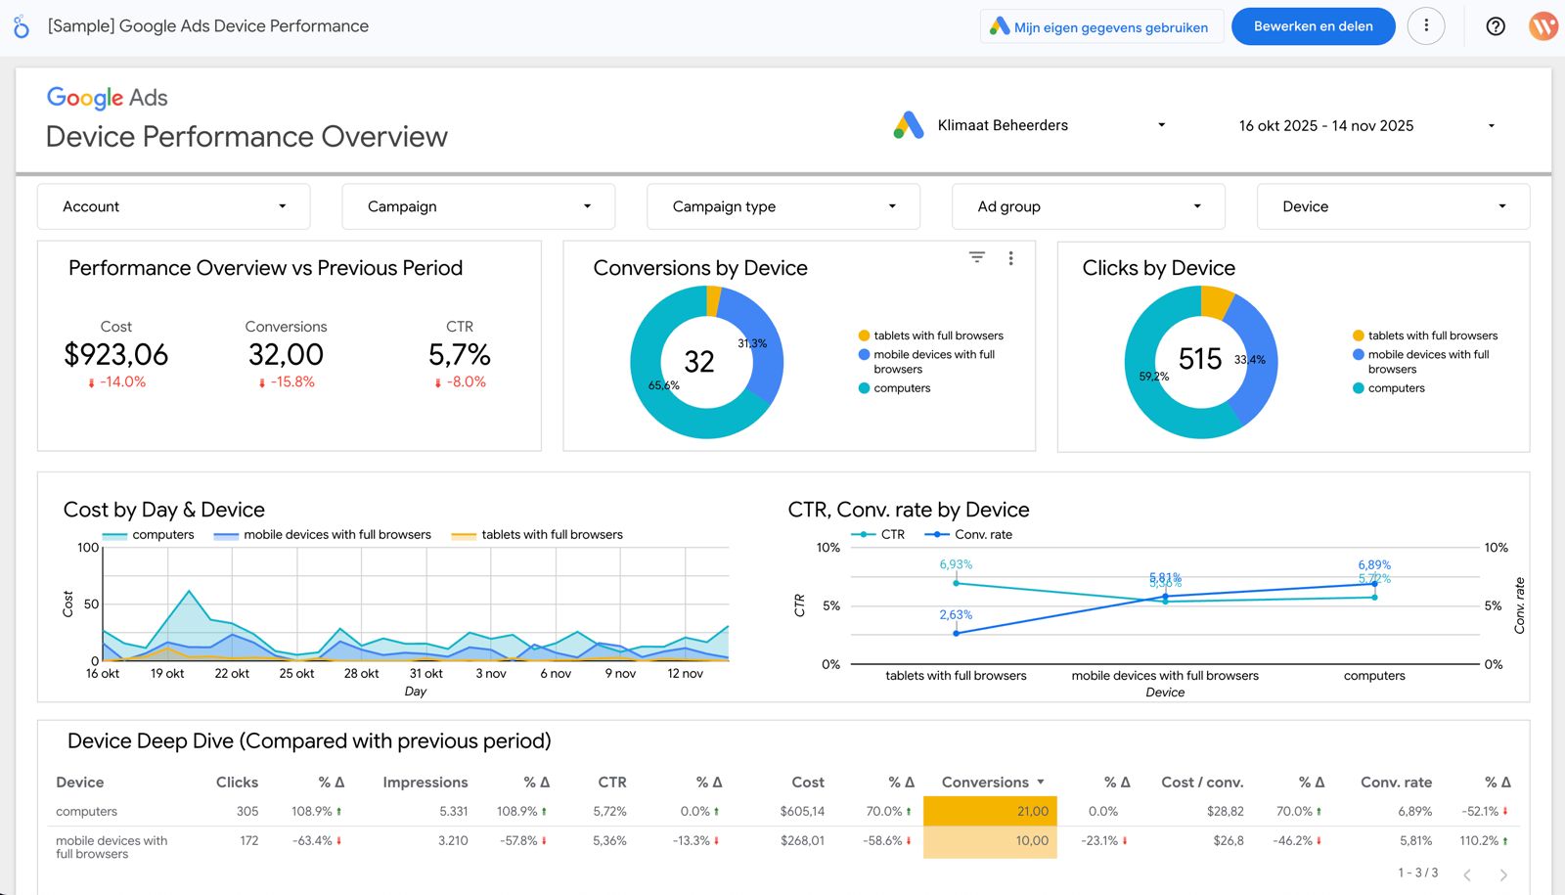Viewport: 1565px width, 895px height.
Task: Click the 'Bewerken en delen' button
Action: (x=1313, y=26)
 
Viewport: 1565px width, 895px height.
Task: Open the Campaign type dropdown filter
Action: (x=782, y=206)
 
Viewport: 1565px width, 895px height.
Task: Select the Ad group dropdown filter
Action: (x=1088, y=206)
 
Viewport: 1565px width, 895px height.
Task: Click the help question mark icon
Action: (x=1495, y=26)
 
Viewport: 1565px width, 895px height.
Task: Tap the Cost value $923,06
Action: (x=116, y=354)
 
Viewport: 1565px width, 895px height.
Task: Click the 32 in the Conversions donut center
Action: (x=698, y=362)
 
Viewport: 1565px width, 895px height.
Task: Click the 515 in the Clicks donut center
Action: (x=1199, y=359)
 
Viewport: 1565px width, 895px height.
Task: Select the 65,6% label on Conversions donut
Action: (x=663, y=385)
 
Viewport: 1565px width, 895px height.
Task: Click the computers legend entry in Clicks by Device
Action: (x=1396, y=388)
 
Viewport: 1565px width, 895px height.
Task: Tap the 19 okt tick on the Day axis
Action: (x=167, y=673)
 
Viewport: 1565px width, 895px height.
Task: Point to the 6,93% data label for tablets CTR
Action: (x=956, y=564)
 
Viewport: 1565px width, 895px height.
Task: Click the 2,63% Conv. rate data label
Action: (x=956, y=615)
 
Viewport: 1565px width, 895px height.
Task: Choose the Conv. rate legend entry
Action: (x=982, y=534)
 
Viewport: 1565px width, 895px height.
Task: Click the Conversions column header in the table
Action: (x=985, y=783)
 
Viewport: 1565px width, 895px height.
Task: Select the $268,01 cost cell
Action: (x=802, y=840)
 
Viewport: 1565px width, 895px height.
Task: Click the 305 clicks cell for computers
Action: (x=247, y=811)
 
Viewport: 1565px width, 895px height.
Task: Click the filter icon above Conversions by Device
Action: (x=976, y=257)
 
